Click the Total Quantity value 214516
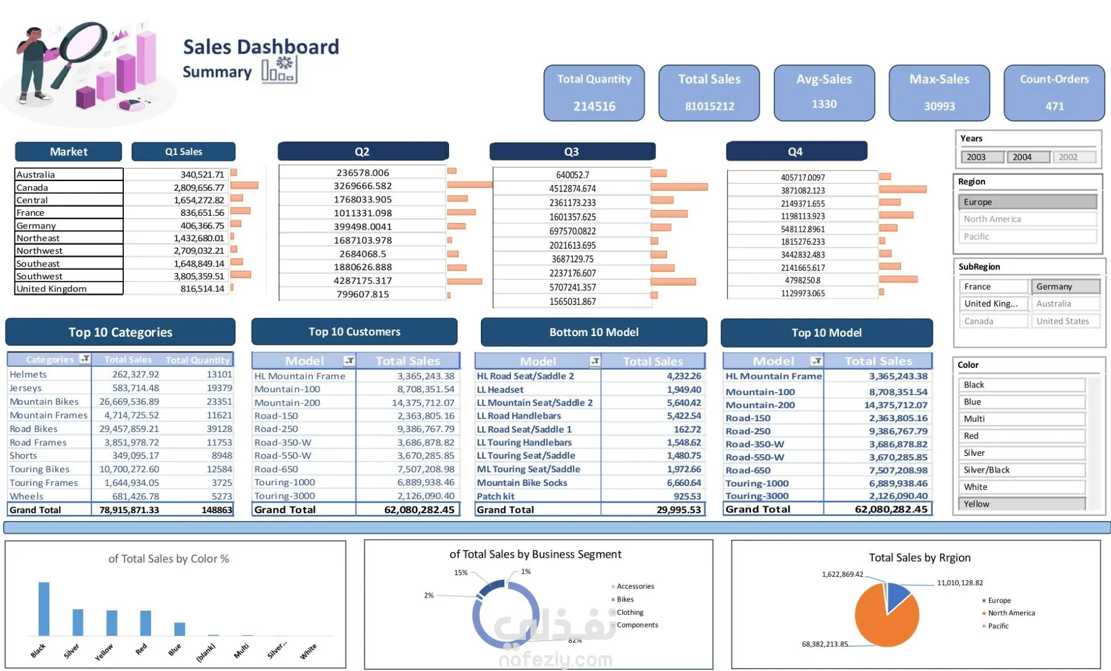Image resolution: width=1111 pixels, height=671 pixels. [x=594, y=106]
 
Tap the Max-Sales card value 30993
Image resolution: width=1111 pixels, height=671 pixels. [x=939, y=106]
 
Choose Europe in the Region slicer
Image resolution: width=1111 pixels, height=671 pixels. [x=1027, y=202]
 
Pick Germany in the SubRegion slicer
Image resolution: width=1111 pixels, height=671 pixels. [x=1065, y=287]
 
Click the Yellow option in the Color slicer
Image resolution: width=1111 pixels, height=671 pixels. [x=1021, y=504]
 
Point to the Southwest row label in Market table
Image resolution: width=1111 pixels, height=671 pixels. [x=39, y=276]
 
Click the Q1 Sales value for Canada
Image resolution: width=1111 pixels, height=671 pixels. [x=198, y=187]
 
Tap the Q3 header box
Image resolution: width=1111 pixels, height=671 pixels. [x=572, y=152]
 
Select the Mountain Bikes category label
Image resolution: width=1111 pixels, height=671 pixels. [x=44, y=401]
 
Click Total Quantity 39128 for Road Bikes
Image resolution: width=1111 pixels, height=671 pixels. [x=219, y=429]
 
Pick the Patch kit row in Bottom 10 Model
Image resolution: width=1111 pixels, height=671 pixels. [x=496, y=496]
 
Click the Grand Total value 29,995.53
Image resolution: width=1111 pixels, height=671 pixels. [x=679, y=510]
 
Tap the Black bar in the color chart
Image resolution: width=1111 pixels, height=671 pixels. [x=44, y=609]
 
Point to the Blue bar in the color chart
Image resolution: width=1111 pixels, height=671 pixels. [x=180, y=629]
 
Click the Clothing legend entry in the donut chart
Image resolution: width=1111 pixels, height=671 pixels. [x=630, y=612]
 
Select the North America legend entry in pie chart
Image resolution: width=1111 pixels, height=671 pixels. [x=1011, y=613]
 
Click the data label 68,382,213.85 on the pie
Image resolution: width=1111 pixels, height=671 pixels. [x=825, y=644]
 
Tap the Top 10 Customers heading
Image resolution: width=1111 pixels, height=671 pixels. [x=354, y=332]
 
